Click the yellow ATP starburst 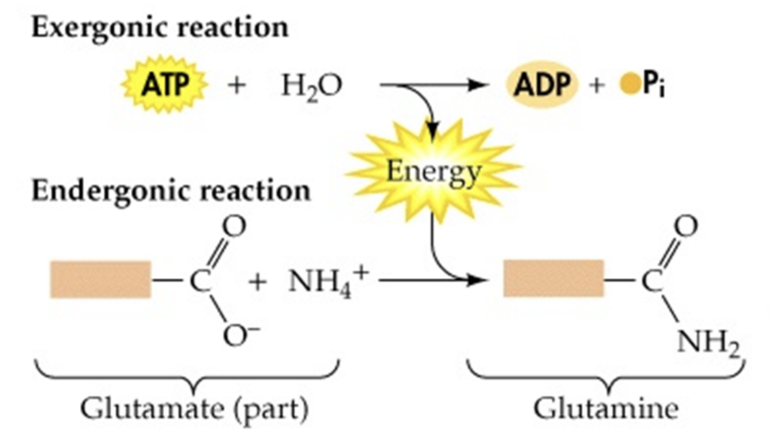pyautogui.click(x=163, y=86)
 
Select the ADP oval pyautogui.click(x=541, y=86)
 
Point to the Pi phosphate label pyautogui.click(x=653, y=87)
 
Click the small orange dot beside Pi pyautogui.click(x=627, y=86)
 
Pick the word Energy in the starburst pyautogui.click(x=434, y=171)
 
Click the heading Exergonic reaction pyautogui.click(x=160, y=27)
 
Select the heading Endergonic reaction pyautogui.click(x=171, y=190)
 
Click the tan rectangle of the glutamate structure pyautogui.click(x=100, y=280)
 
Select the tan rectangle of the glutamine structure pyautogui.click(x=553, y=279)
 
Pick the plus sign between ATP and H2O pyautogui.click(x=237, y=87)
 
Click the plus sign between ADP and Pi pyautogui.click(x=597, y=87)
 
